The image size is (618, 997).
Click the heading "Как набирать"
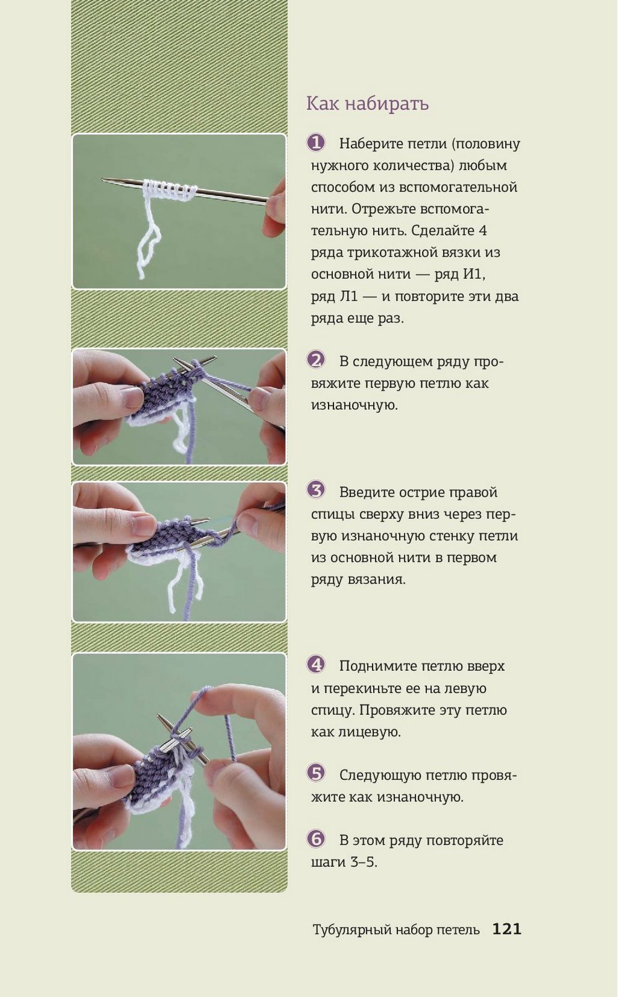click(368, 104)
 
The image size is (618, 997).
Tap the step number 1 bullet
click(316, 143)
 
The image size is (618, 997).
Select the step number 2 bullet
click(316, 360)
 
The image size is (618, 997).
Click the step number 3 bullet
click(316, 490)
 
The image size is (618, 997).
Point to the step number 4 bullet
click(316, 665)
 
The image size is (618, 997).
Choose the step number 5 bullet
click(316, 773)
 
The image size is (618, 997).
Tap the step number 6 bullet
click(316, 838)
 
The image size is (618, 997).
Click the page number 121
click(507, 929)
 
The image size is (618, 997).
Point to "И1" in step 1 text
click(474, 274)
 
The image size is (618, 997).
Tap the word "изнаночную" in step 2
click(354, 405)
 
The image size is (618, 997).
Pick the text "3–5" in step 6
click(363, 862)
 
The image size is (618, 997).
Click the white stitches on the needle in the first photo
click(169, 190)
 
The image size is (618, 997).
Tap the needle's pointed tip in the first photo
click(104, 179)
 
